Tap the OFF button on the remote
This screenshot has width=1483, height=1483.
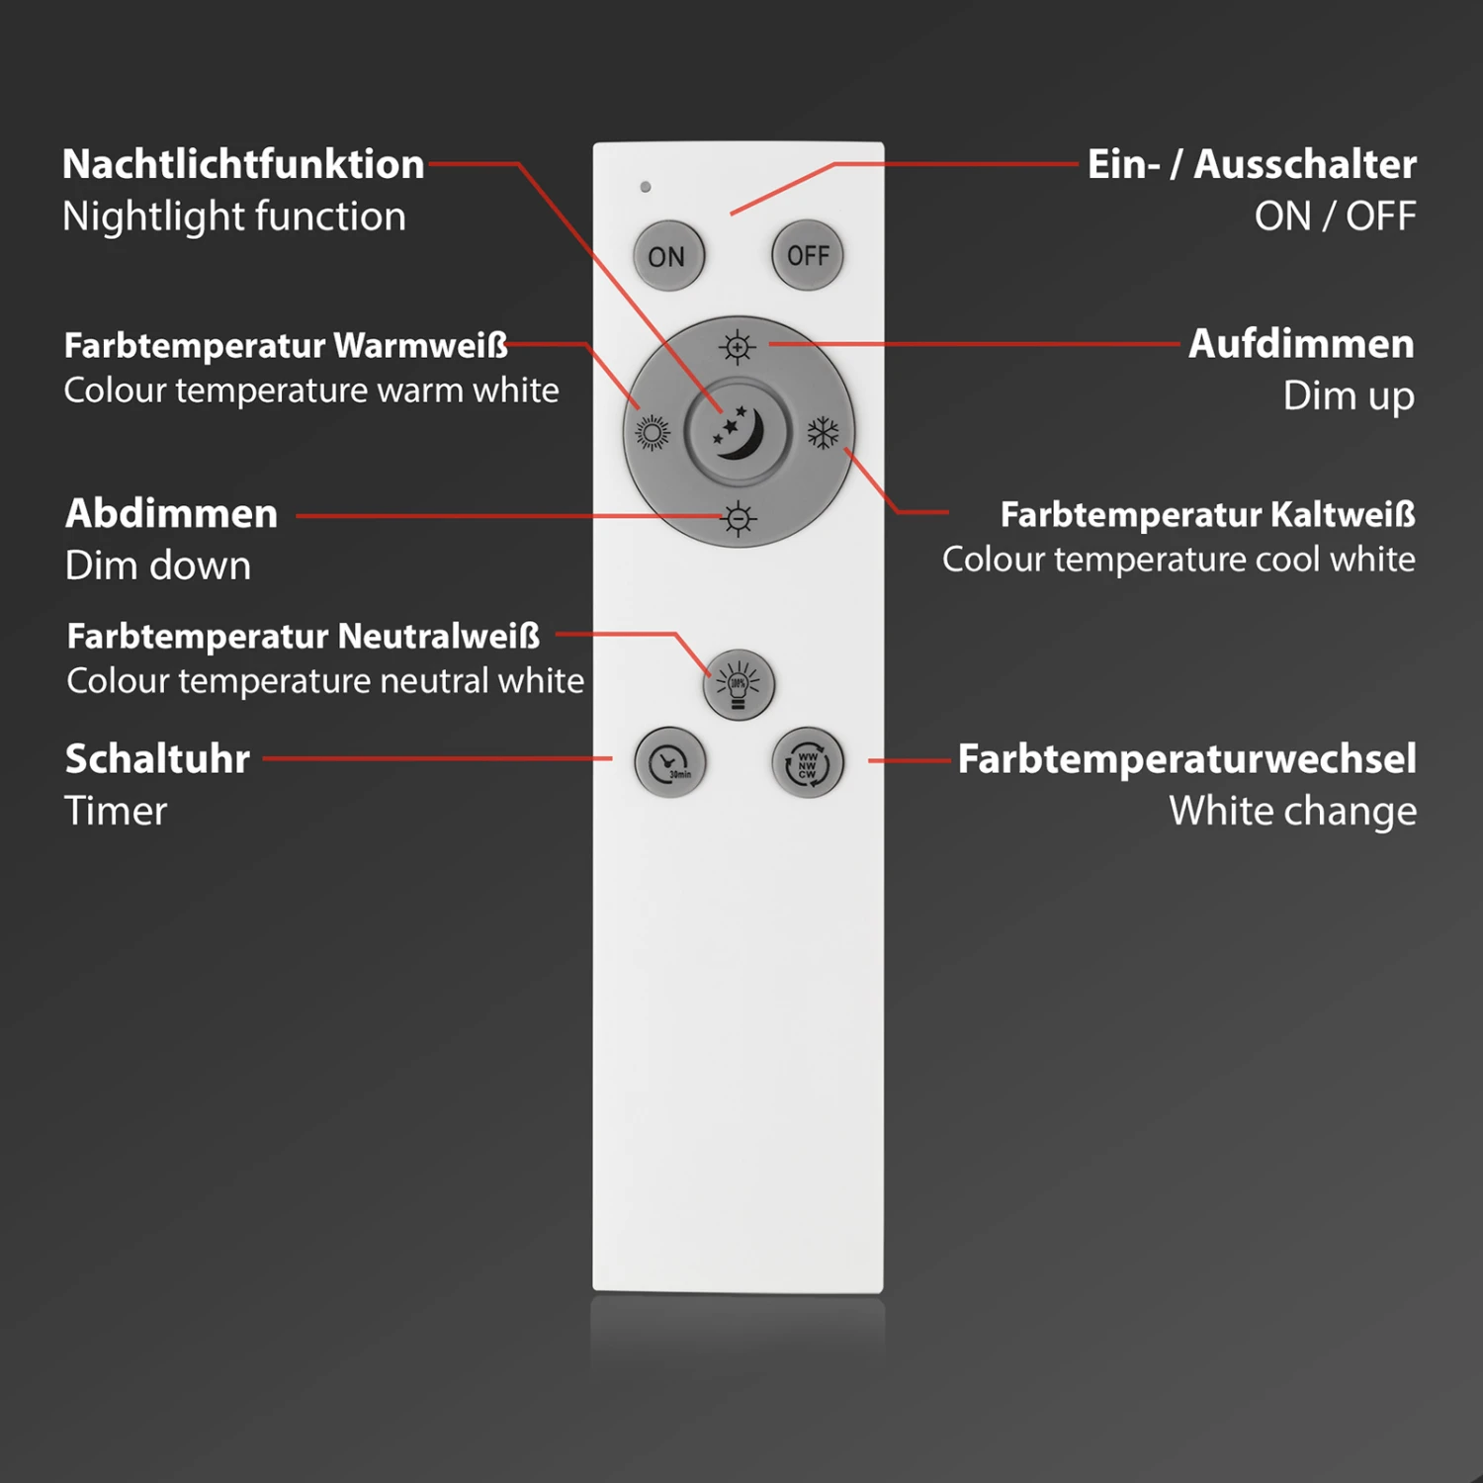coord(808,256)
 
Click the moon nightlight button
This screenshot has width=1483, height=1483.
coord(738,432)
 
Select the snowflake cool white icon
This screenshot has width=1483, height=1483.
coord(823,432)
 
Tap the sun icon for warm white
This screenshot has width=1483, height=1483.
coord(652,433)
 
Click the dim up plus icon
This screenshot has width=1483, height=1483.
coord(738,348)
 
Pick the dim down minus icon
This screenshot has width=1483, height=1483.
coord(738,518)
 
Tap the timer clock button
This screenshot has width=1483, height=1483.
coord(670,763)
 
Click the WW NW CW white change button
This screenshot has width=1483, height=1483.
coord(808,763)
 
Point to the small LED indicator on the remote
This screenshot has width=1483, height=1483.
coord(646,187)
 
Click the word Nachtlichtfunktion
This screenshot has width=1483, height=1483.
coord(243,165)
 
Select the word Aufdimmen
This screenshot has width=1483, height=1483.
coord(1301,345)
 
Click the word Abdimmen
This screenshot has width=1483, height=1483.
coord(171,514)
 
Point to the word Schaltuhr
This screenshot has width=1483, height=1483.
coord(157,759)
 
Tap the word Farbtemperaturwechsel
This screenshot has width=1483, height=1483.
coord(1186,759)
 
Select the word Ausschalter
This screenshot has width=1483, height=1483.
coord(1305,165)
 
